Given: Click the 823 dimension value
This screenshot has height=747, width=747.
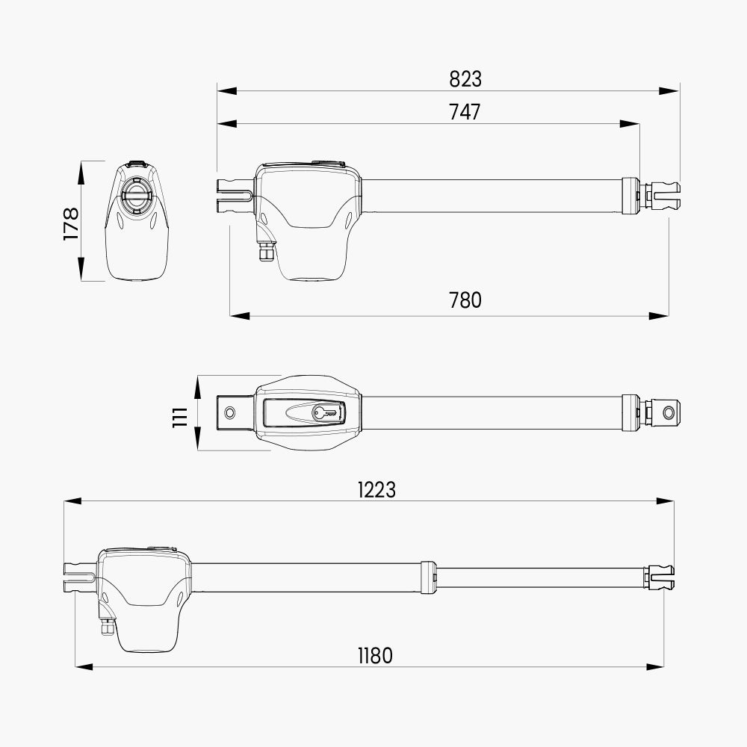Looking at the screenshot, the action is click(465, 79).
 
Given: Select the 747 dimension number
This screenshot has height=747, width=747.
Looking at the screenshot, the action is click(465, 112).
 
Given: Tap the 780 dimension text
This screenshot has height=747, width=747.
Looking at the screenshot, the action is click(465, 300).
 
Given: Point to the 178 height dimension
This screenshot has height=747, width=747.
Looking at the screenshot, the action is click(71, 223).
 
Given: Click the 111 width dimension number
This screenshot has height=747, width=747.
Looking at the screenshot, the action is click(181, 418).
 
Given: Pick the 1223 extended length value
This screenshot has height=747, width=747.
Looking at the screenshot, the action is click(376, 490).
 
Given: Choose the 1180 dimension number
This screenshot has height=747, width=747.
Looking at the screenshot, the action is click(376, 656).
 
